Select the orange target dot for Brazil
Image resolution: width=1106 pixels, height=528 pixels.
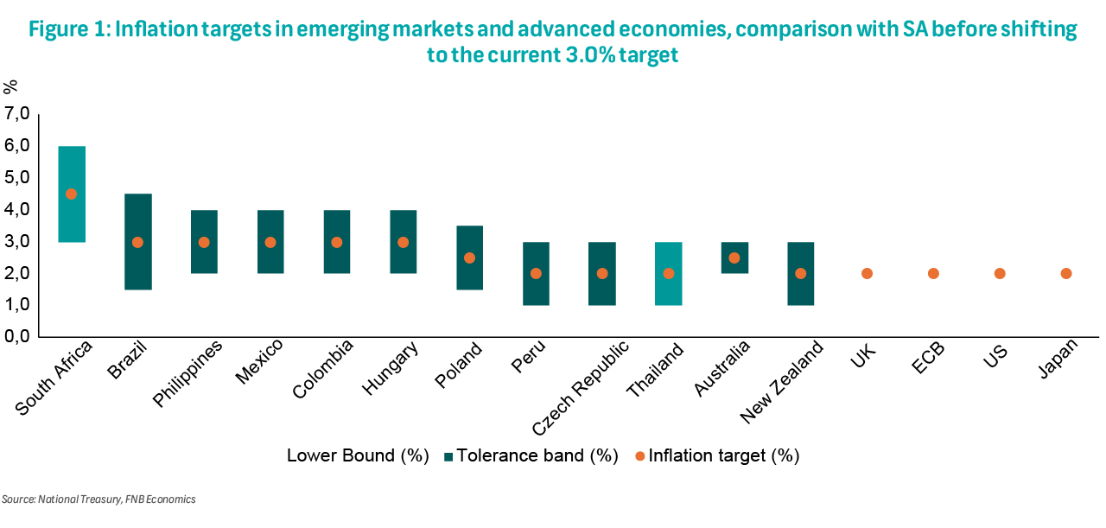coord(137,242)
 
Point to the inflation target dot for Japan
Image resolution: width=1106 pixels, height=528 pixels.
coord(1065,274)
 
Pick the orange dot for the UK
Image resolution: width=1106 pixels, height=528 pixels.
coord(867,274)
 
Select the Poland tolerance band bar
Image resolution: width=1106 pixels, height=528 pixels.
coord(469,277)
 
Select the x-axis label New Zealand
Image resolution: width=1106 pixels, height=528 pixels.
coord(779,382)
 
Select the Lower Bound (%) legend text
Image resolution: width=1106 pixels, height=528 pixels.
coord(358,455)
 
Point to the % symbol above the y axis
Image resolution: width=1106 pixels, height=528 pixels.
coord(10,86)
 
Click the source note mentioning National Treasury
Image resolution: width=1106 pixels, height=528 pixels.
coord(99,499)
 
